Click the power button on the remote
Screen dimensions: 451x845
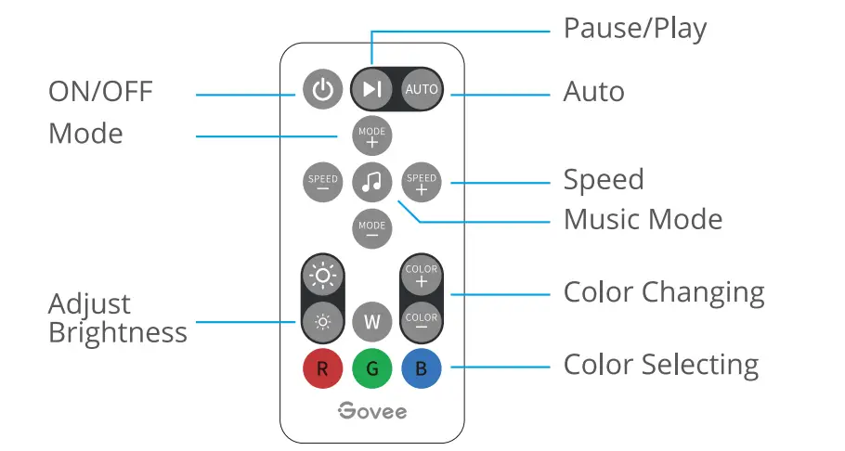(x=322, y=89)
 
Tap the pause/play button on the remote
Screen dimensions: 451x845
(x=371, y=89)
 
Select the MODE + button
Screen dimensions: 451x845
(x=372, y=136)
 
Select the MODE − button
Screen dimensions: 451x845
(x=372, y=229)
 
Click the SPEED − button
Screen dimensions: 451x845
(x=323, y=183)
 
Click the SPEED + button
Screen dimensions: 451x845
(x=422, y=183)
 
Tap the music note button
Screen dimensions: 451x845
(x=372, y=183)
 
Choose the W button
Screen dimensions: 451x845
(x=372, y=322)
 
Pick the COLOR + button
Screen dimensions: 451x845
(x=422, y=275)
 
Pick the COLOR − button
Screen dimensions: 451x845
(x=422, y=322)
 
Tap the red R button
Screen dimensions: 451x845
(x=322, y=369)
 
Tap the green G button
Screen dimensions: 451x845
(x=372, y=369)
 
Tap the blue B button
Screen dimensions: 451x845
(x=422, y=369)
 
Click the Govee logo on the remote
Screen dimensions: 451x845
(x=372, y=410)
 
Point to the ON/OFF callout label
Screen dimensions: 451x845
(x=100, y=92)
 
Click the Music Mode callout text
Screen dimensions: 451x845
(x=643, y=220)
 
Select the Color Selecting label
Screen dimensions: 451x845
(x=660, y=365)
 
